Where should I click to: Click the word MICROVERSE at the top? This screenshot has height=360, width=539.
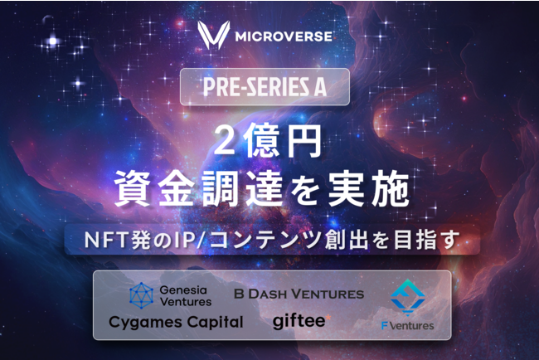(286, 37)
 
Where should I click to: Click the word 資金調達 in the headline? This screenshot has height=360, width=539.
(199, 188)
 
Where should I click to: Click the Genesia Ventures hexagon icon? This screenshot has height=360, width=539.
(143, 294)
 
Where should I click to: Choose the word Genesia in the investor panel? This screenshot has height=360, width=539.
(187, 289)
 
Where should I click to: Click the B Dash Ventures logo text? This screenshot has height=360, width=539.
(299, 294)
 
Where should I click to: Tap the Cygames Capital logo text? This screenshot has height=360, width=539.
(176, 322)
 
